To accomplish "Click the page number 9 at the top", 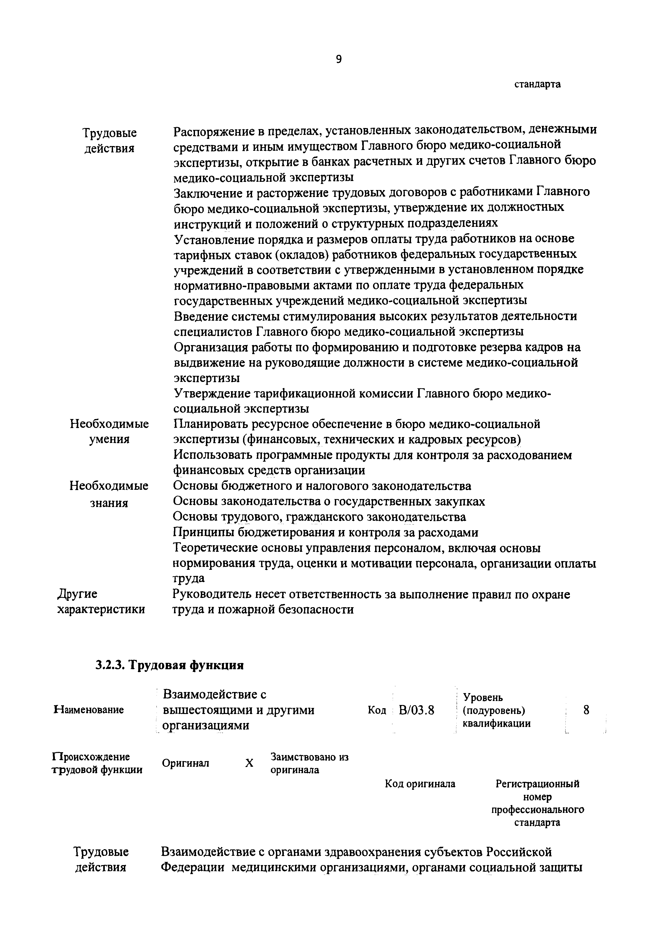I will click(x=339, y=60).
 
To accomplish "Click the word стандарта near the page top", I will click(x=538, y=84).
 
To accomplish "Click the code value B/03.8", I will click(x=416, y=710).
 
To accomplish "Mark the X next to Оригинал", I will click(x=249, y=763).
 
